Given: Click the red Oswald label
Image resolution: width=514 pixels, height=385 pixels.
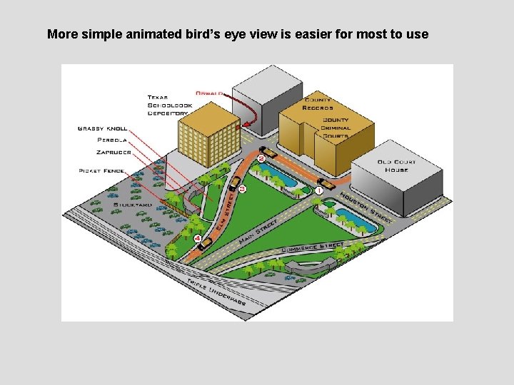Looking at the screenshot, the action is point(210,93).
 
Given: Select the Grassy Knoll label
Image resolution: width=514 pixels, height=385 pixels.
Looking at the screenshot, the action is point(102,128).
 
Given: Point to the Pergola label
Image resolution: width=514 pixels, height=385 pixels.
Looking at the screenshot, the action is point(113,140).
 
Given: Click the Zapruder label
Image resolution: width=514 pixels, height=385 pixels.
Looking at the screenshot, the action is point(114,152).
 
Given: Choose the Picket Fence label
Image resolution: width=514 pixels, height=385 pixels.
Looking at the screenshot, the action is point(102,171).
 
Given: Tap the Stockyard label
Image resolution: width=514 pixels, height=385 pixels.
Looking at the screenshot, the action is point(132,205).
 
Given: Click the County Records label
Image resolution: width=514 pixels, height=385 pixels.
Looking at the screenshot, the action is point(318,103).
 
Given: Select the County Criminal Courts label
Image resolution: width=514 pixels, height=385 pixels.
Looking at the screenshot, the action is point(336,128).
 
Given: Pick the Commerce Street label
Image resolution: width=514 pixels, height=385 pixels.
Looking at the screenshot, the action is point(313,248).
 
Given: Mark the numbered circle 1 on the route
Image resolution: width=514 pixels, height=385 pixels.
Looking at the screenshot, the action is point(319,190).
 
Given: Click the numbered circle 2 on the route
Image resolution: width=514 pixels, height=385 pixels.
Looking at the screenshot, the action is point(261,158).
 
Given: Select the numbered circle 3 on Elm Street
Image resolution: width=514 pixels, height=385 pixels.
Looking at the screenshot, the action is point(242,189).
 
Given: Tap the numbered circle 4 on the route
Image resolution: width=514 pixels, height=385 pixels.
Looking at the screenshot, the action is point(197,238).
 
